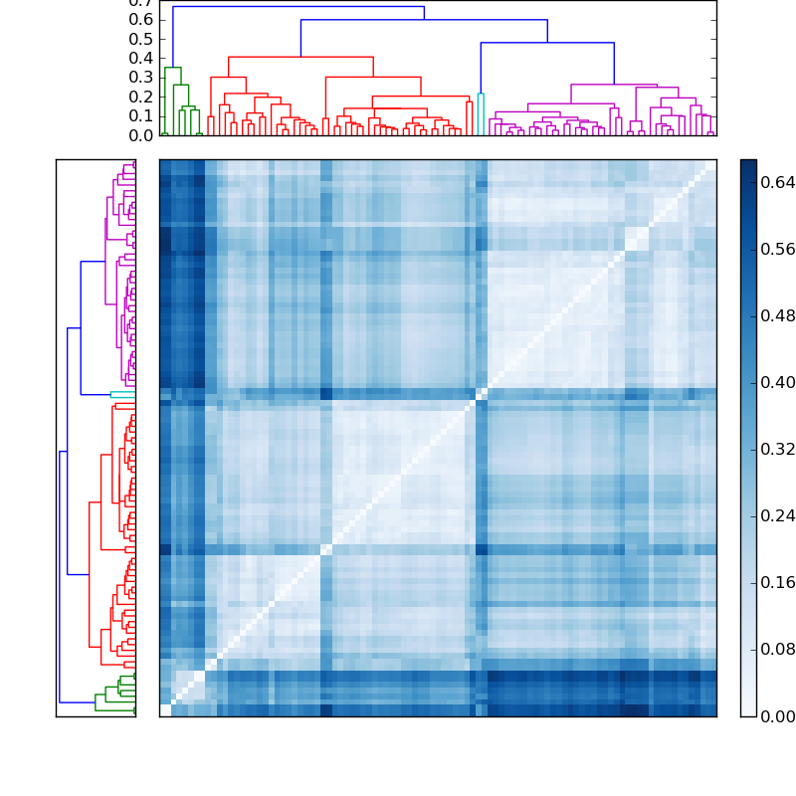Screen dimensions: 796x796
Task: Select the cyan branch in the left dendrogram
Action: coord(121,394)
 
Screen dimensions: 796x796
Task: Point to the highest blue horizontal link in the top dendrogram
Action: coord(298,7)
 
